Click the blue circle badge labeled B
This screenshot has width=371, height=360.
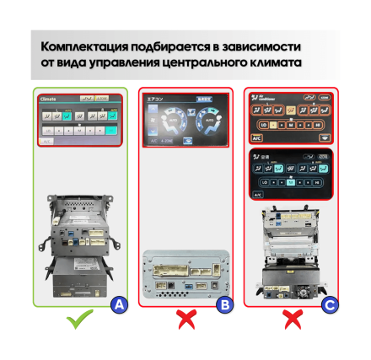point(223,305)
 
